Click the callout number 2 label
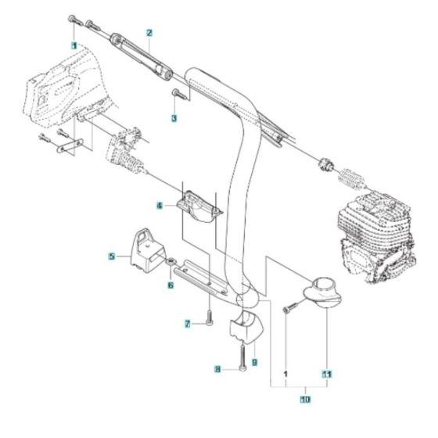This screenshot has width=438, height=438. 149,32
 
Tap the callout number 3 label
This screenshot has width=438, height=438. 174,118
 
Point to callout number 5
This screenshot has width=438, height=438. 112,256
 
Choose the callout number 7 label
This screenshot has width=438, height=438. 188,324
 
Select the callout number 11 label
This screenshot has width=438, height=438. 327,374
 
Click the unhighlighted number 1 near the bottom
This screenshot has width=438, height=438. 286,374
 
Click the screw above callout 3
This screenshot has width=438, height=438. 177,95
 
